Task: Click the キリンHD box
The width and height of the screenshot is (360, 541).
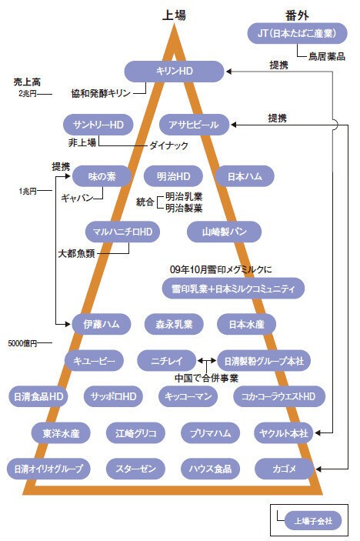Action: (x=174, y=72)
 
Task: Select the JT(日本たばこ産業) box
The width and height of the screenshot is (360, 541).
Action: (x=297, y=33)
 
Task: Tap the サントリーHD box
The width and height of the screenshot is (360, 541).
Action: (x=98, y=125)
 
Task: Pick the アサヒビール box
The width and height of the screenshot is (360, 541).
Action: (x=194, y=125)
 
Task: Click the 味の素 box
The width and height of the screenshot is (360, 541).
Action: (x=102, y=176)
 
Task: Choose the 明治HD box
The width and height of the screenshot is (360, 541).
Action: (x=173, y=176)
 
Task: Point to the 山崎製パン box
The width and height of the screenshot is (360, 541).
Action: (x=224, y=232)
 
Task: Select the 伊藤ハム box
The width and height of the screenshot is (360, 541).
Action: (x=102, y=324)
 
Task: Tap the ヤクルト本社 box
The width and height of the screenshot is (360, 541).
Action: (x=283, y=433)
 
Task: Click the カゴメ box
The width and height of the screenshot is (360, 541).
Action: (x=284, y=469)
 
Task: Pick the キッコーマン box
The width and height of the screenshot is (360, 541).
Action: (x=188, y=396)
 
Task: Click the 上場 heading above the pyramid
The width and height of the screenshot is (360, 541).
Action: (x=174, y=15)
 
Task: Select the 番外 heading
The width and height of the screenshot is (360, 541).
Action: (x=297, y=15)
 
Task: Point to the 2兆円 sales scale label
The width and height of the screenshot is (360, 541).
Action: (x=28, y=94)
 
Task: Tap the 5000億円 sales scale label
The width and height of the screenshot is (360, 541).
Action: (x=22, y=343)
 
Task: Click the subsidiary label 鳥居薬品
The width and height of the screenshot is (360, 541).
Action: (x=327, y=56)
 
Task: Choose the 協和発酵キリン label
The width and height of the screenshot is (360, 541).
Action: (x=101, y=93)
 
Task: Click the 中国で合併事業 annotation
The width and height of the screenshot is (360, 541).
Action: (x=206, y=378)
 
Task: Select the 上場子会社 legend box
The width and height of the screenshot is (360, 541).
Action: (x=313, y=521)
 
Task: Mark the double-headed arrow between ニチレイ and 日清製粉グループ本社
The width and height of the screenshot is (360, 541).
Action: (x=207, y=361)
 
